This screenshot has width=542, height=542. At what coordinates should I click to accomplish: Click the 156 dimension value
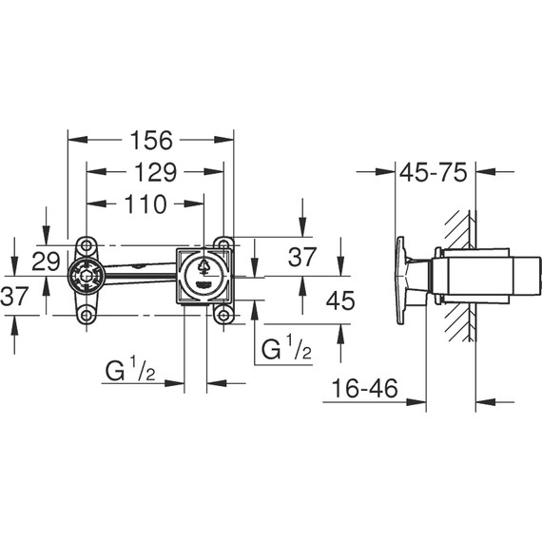pyautogui.click(x=150, y=140)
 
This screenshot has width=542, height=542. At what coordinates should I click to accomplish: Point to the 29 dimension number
pyautogui.click(x=47, y=261)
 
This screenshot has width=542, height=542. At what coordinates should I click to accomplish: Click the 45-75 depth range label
pyautogui.click(x=433, y=172)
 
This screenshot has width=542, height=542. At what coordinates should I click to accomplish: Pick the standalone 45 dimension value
pyautogui.click(x=339, y=300)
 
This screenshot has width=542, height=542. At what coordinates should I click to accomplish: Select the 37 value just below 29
pyautogui.click(x=14, y=297)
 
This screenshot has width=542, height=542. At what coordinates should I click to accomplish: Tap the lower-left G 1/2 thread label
pyautogui.click(x=129, y=370)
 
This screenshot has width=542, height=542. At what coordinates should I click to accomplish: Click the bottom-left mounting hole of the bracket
pyautogui.click(x=87, y=315)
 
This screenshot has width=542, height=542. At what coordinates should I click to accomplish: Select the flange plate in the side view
pyautogui.click(x=402, y=278)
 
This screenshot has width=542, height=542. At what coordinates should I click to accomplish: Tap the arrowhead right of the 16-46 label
pyautogui.click(x=417, y=401)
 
